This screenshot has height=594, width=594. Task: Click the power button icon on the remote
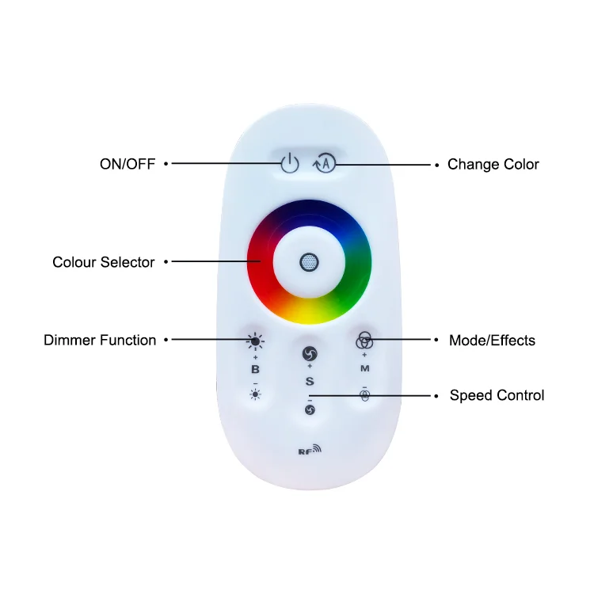tap(291, 164)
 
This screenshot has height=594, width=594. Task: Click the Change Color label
tap(493, 165)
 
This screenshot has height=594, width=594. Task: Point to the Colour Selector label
tap(104, 262)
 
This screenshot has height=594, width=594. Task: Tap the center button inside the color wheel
tap(309, 262)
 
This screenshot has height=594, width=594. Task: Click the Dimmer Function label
tap(100, 341)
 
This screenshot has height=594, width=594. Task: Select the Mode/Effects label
tap(492, 341)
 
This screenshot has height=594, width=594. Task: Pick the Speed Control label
tap(497, 395)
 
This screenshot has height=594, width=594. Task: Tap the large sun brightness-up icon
tap(255, 341)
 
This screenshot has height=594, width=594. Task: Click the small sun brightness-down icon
tap(255, 394)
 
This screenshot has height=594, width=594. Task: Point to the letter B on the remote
tap(255, 369)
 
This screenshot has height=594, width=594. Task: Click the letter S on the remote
tap(310, 382)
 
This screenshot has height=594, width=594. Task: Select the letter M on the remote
tap(364, 369)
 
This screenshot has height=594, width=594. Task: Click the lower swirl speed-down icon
tap(310, 409)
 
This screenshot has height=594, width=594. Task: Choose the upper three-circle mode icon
tap(364, 341)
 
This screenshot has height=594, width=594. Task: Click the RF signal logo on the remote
tap(310, 451)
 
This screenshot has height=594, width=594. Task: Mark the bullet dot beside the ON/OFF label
tap(166, 164)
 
